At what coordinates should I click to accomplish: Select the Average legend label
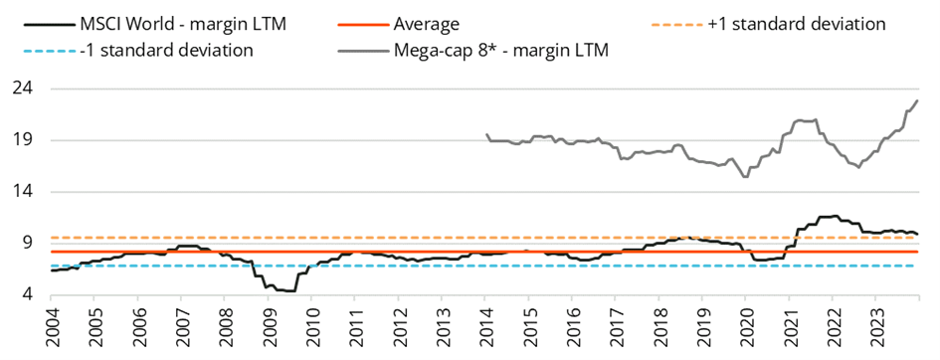tap(399, 25)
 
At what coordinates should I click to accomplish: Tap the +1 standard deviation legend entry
tap(768, 25)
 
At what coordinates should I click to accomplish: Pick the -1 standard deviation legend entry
tap(138, 50)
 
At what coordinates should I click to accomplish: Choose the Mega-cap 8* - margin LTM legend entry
tap(473, 50)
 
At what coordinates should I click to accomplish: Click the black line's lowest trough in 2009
tap(288, 291)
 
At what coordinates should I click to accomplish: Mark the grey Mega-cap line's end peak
tap(918, 100)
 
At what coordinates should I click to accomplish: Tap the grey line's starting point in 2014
tap(485, 133)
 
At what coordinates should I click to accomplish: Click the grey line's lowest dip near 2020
tap(745, 177)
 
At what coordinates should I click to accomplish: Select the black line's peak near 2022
tap(836, 216)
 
